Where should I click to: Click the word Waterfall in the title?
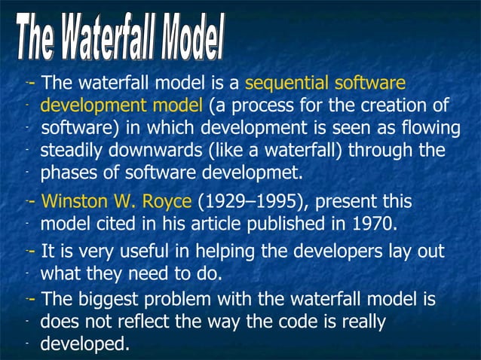click(x=117, y=38)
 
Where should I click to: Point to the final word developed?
click(x=84, y=345)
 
